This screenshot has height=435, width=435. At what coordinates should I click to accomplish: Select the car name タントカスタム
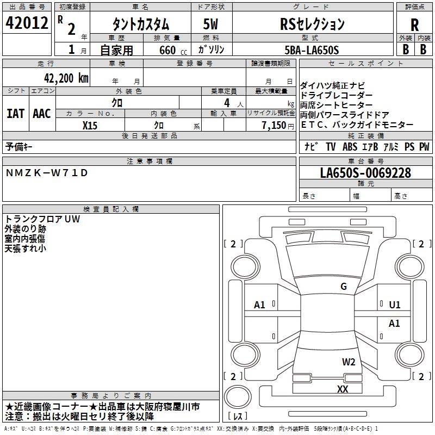tap(140, 24)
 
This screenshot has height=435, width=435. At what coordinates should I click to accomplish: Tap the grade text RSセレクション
tap(312, 24)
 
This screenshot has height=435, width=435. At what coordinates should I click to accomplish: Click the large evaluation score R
tap(414, 24)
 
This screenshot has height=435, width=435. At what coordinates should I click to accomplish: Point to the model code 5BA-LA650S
tap(312, 50)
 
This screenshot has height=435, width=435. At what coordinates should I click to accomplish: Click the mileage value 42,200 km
tap(66, 78)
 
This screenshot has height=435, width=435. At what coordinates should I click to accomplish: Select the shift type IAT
tap(16, 113)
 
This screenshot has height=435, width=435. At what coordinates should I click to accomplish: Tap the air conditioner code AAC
tap(41, 113)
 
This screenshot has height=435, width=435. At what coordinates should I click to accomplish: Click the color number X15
tap(90, 125)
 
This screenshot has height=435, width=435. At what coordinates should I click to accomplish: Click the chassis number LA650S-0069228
tap(365, 173)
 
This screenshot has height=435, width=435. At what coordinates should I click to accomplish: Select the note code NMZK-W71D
tap(46, 173)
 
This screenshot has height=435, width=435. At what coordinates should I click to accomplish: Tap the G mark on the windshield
tap(344, 287)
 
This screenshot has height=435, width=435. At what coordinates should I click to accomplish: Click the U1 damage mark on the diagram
tap(395, 305)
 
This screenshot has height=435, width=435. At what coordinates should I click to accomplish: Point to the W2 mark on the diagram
tap(349, 362)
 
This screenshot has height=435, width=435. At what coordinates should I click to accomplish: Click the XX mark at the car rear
tap(343, 389)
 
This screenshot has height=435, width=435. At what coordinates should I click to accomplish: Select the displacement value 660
tap(167, 50)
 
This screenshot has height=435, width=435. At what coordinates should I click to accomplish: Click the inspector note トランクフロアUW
tap(42, 219)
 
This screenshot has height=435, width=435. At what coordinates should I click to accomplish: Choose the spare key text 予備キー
tap(20, 146)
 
